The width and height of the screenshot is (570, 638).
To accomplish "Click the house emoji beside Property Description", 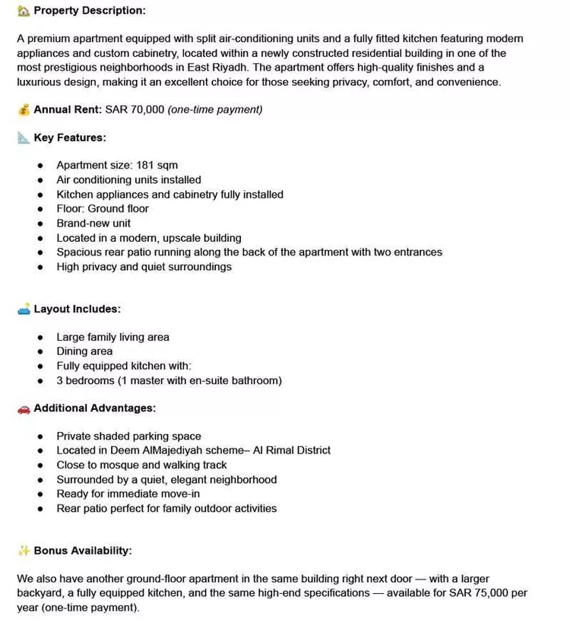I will pos(24,11).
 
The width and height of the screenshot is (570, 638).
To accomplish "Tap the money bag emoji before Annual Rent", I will pos(24,110).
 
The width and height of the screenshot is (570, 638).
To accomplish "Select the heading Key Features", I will pos(70,138).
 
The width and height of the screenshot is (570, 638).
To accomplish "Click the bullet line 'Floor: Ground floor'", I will pos(103,208).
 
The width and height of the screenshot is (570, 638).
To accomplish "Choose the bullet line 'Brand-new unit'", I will pos(93,223).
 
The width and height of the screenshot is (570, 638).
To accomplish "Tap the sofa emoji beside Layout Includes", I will pos(24,309).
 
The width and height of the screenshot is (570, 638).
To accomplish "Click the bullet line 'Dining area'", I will pos(84,351).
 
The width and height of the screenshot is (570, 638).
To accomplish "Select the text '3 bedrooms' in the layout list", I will pos(85,380).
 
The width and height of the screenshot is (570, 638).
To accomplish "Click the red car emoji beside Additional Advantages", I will pos(24,408).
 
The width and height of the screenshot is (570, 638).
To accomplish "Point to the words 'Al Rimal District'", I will pos(293,450).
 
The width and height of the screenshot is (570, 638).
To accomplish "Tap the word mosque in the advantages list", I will pos(121,465).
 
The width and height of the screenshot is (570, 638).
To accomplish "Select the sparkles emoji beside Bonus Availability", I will pos(24,551).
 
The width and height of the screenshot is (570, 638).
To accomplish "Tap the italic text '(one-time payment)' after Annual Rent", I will pos(215,110).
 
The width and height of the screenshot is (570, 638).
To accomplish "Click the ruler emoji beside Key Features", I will pos(24,138).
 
